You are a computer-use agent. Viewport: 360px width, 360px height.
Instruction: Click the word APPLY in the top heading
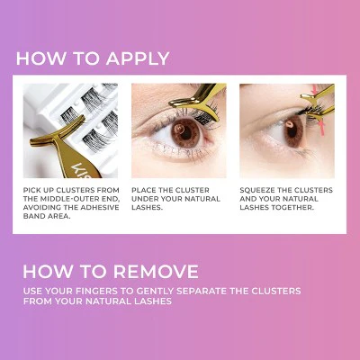(138, 58)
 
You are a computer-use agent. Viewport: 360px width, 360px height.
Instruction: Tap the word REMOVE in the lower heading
(156, 272)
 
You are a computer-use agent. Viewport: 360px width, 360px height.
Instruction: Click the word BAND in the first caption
(33, 216)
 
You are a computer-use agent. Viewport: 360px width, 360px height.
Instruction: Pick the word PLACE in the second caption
(142, 190)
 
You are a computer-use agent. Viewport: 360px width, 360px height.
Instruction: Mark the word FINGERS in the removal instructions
(94, 291)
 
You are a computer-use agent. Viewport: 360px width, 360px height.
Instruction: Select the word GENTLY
(155, 291)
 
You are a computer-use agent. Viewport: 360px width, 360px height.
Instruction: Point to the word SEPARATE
(202, 291)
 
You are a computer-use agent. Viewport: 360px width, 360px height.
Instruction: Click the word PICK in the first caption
(31, 190)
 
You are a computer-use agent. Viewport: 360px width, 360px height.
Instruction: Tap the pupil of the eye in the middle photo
(186, 133)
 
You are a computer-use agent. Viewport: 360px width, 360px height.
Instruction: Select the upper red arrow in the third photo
(315, 90)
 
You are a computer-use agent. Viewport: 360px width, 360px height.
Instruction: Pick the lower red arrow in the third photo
(322, 128)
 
